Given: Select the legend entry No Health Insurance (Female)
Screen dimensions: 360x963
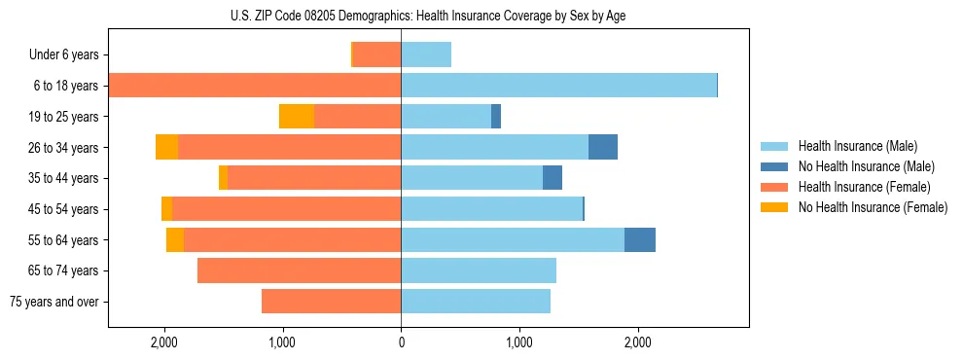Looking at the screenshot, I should click(x=873, y=207).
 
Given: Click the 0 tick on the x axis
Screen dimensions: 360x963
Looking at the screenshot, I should click(x=401, y=342).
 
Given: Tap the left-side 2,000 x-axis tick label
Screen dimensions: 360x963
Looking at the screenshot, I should click(x=163, y=342).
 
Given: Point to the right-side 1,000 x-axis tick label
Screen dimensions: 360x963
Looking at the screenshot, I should click(x=519, y=342).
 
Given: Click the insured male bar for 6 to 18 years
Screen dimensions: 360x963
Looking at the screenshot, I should click(x=558, y=86).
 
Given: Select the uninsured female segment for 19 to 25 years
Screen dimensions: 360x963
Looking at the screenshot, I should click(x=297, y=117).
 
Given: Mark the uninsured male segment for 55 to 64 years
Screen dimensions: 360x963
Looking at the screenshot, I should click(x=640, y=239).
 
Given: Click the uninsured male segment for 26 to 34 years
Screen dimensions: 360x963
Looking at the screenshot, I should click(x=603, y=147).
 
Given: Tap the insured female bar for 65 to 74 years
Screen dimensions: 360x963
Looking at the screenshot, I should click(x=299, y=270).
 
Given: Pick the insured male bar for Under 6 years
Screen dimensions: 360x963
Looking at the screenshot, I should click(x=426, y=55).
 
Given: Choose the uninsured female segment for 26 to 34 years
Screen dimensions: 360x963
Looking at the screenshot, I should click(x=166, y=147).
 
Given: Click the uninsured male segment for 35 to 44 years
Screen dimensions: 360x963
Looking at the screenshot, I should click(x=553, y=178).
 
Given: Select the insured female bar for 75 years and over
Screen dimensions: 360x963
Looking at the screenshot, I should click(x=331, y=302).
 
